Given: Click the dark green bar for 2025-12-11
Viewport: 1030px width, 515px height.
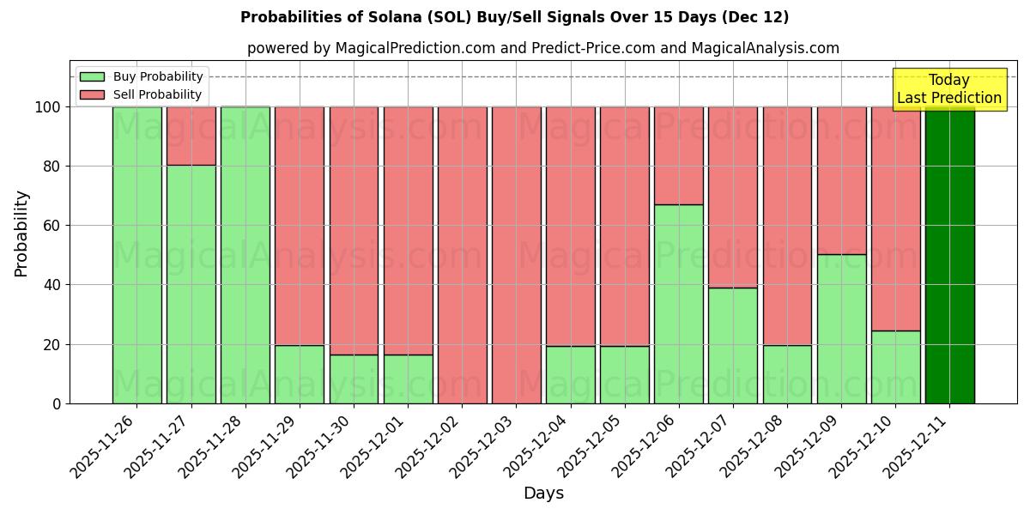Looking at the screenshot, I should (x=949, y=255).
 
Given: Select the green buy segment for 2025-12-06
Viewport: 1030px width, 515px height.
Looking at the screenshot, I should (x=678, y=304).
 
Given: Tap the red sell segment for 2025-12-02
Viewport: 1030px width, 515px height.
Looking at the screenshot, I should (x=462, y=255).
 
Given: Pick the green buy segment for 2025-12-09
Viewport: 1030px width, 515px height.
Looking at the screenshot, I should (x=841, y=329).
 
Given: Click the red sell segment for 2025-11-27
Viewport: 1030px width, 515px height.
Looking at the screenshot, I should (x=191, y=136).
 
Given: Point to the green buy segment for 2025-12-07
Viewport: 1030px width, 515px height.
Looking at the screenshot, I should (x=732, y=345).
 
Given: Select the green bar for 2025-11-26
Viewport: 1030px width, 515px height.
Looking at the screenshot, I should (x=136, y=255).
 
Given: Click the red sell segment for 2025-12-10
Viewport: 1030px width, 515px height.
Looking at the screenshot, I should (x=895, y=218).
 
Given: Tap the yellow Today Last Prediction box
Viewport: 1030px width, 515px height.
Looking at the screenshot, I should (x=948, y=89).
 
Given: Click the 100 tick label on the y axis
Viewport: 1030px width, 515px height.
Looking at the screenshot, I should (x=48, y=107).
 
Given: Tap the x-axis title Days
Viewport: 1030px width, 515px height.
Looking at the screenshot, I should (x=543, y=494).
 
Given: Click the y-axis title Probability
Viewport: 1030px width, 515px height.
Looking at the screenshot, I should (x=21, y=233).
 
